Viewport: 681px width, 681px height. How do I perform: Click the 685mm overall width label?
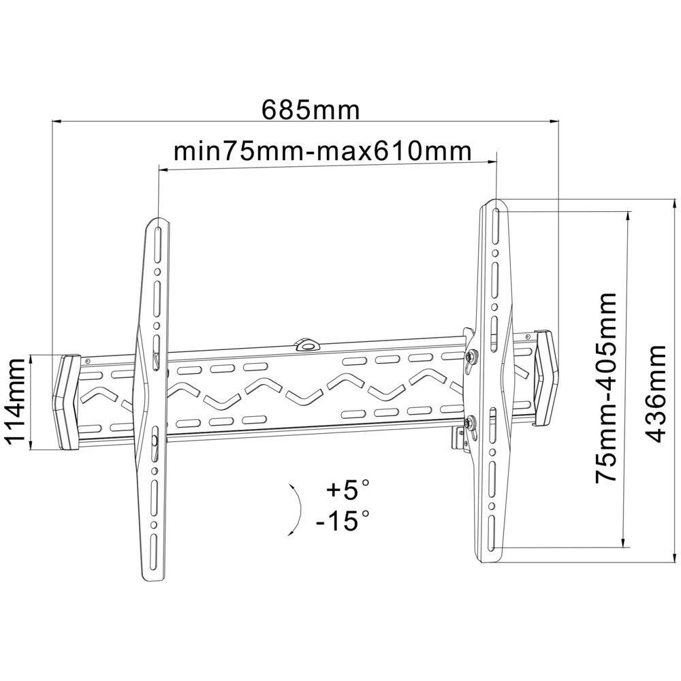(x=311, y=109)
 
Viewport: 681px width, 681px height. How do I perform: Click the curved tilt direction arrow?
(x=296, y=509)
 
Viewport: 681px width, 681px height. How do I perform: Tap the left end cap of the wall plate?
(x=67, y=402)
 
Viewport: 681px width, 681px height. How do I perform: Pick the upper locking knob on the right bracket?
(x=471, y=356)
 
